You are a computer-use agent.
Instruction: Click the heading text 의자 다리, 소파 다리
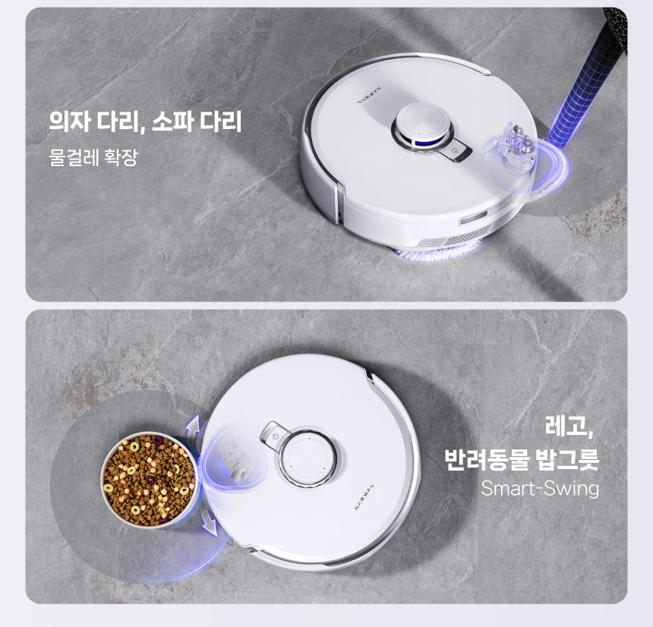[145, 121]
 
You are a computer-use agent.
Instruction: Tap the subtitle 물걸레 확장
[93, 157]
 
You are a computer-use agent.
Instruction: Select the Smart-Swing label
[540, 488]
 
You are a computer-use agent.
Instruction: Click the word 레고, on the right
[569, 427]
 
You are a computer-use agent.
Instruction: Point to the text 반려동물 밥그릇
[522, 459]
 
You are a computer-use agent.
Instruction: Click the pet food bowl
[150, 479]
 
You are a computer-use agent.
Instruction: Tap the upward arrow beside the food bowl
[192, 429]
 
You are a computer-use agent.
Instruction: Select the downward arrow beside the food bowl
[210, 521]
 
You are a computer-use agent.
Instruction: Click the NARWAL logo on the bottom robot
[364, 496]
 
